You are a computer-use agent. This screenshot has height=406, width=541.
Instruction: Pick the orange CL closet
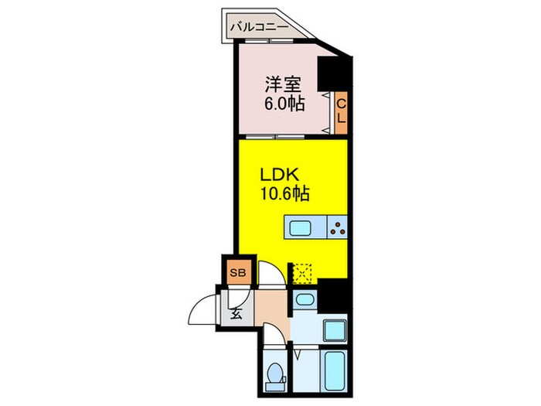(x=340, y=110)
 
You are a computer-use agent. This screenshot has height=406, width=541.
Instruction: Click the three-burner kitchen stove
(x=337, y=227)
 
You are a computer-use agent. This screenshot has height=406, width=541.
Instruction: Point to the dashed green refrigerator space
(x=301, y=272)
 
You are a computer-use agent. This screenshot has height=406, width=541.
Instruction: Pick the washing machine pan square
(x=334, y=332)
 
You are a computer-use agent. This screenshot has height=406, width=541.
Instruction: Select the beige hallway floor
(x=270, y=309)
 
